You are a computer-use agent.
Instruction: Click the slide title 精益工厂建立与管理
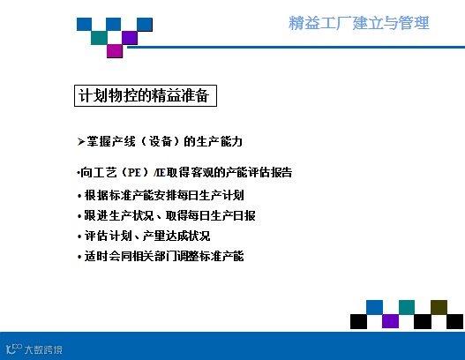pyautogui.click(x=359, y=23)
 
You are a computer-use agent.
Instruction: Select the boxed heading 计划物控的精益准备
pyautogui.click(x=146, y=95)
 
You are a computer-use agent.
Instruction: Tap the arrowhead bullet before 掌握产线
pyautogui.click(x=81, y=142)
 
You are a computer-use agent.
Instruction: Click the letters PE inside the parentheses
pyautogui.click(x=134, y=172)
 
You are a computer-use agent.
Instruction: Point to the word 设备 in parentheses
pyautogui.click(x=161, y=141)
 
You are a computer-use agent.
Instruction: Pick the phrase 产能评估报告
pyautogui.click(x=259, y=172)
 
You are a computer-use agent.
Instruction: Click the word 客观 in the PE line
pyautogui.click(x=202, y=172)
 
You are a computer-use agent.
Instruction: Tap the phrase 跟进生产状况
pyautogui.click(x=119, y=215)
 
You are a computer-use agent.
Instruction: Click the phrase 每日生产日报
pyautogui.click(x=221, y=215)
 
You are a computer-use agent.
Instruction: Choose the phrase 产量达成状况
pyautogui.click(x=176, y=236)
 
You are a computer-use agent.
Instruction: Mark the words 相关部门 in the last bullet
pyautogui.click(x=155, y=256)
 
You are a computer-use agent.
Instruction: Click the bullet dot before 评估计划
pyautogui.click(x=79, y=236)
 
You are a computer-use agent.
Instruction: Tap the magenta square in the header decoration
pyautogui.click(x=115, y=50)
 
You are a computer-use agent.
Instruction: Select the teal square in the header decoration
pyautogui.click(x=99, y=38)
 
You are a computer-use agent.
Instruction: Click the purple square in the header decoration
pyautogui.click(x=130, y=38)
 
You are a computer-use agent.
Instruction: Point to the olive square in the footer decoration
pyautogui.click(x=439, y=307)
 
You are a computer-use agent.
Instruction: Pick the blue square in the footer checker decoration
pyautogui.click(x=374, y=307)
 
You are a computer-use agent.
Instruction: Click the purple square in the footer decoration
pyautogui.click(x=390, y=321)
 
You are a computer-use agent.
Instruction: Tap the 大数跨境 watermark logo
pyautogui.click(x=34, y=349)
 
